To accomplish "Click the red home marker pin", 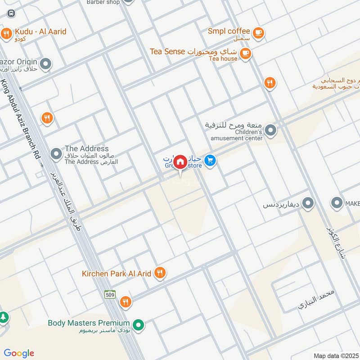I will pyautogui.click(x=180, y=162).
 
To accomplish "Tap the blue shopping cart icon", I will pyautogui.click(x=210, y=160).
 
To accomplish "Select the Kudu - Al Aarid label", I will pyautogui.click(x=40, y=32).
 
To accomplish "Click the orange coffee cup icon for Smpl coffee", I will pyautogui.click(x=258, y=32).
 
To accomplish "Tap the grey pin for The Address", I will pyautogui.click(x=56, y=154).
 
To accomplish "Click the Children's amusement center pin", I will pyautogui.click(x=270, y=131).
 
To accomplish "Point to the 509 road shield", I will pyautogui.click(x=110, y=295).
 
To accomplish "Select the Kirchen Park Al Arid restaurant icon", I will pyautogui.click(x=159, y=273).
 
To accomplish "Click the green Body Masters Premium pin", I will pyautogui.click(x=139, y=324).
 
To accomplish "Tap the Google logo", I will pyautogui.click(x=19, y=353).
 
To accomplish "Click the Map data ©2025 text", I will pyautogui.click(x=336, y=355).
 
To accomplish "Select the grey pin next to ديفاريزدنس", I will pyautogui.click(x=308, y=204).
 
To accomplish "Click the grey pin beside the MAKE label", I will pyautogui.click(x=337, y=203).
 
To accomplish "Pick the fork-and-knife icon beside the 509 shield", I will pyautogui.click(x=126, y=302).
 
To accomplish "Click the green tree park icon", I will pyautogui.click(x=3, y=317).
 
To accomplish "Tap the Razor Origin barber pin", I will pyautogui.click(x=45, y=64).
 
